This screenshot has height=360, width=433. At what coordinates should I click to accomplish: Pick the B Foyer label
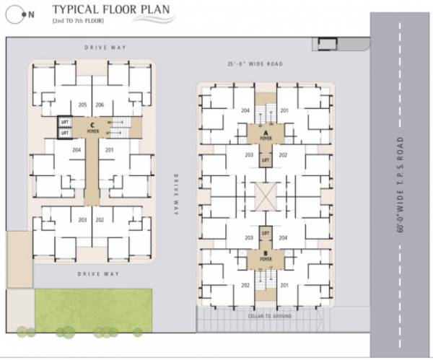[265, 255]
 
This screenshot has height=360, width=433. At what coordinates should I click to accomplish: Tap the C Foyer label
[93, 129]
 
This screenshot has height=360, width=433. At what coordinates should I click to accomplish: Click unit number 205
[83, 105]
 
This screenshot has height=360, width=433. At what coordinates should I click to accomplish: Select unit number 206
[100, 105]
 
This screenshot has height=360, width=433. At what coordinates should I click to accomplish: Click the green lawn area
[94, 310]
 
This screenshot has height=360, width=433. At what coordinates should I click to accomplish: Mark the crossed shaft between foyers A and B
[265, 196]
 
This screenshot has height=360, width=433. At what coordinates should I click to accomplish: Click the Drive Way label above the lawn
[98, 274]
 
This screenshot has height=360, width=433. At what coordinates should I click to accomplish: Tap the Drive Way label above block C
[105, 48]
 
